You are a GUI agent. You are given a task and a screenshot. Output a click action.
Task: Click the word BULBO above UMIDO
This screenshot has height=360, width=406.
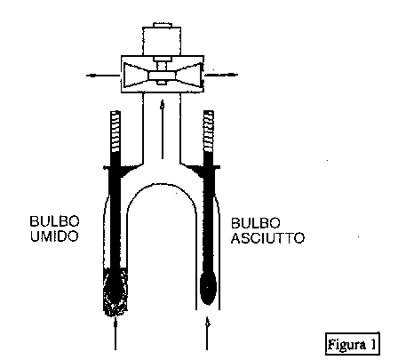tap(54, 221)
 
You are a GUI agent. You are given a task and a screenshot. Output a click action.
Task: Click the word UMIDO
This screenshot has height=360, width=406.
tap(54, 236)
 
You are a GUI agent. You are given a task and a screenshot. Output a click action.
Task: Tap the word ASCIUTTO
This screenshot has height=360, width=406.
tap(267, 238)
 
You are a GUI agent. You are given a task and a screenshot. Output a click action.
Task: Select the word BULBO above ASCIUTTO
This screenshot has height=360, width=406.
tap(256, 223)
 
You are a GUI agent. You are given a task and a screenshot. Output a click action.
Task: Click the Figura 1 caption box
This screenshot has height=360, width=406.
tap(353, 344)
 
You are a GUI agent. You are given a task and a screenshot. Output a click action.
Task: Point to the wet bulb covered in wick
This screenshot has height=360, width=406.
tap(115, 292)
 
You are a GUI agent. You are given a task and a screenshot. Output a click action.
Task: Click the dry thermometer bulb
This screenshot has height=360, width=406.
tap(208, 288)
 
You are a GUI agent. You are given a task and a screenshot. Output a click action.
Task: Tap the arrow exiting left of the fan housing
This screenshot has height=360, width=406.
tap(103, 76)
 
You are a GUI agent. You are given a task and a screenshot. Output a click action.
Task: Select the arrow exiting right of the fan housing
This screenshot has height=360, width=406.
tap(221, 75)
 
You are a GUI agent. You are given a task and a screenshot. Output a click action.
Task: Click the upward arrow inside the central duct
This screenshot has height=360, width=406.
tap(162, 130)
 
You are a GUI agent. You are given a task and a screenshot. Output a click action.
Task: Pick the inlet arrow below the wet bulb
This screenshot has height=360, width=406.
tap(115, 333)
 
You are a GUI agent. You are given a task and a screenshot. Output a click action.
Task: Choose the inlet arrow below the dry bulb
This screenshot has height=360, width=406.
tap(207, 333)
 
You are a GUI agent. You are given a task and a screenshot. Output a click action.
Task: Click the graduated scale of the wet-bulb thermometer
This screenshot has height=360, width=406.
tap(115, 132)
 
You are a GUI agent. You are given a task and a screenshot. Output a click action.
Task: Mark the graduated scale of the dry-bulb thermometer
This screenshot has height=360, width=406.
tap(209, 132)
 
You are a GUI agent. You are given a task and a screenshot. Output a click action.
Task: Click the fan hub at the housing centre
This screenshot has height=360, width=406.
tap(162, 76)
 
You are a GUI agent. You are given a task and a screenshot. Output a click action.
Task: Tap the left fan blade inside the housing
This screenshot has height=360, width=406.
tap(136, 76)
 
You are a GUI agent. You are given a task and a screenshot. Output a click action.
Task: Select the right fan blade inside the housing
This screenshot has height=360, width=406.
tap(189, 75)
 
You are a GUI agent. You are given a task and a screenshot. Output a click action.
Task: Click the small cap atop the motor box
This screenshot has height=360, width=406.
tap(163, 25)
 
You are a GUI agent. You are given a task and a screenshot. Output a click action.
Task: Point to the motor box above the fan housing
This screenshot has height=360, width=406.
tap(162, 41)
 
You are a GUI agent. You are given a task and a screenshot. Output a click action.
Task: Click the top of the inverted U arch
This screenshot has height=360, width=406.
tap(162, 184)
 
